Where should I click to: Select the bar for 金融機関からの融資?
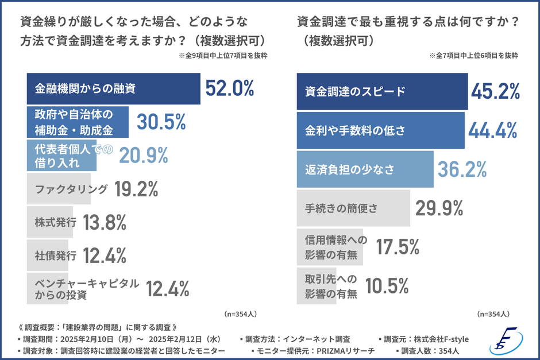pyautogui.click(x=114, y=88)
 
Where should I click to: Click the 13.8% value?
pyautogui.click(x=105, y=222)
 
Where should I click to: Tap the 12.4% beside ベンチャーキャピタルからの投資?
pyautogui.click(x=167, y=289)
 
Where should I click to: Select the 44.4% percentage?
pyautogui.click(x=493, y=131)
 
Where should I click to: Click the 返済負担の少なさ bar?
pyautogui.click(x=365, y=169)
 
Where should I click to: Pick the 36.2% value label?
pyautogui.click(x=462, y=169)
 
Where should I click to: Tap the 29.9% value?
pyautogui.click(x=439, y=208)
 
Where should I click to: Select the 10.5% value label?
pyautogui.click(x=387, y=285)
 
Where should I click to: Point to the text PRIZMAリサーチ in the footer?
pyautogui.click(x=344, y=351)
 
